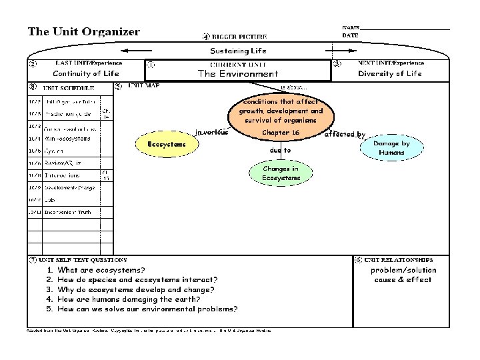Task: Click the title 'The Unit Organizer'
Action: pyautogui.click(x=83, y=31)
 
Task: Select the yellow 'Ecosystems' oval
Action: pyautogui.click(x=162, y=144)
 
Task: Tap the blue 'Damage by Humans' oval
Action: pyautogui.click(x=391, y=148)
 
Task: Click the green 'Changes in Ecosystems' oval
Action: pyautogui.click(x=280, y=173)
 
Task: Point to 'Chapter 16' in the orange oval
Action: pyautogui.click(x=281, y=133)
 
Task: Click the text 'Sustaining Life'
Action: pyautogui.click(x=238, y=51)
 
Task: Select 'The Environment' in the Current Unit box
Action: pyautogui.click(x=238, y=74)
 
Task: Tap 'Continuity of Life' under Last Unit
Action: pyautogui.click(x=86, y=74)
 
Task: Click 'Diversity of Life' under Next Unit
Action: pyautogui.click(x=390, y=74)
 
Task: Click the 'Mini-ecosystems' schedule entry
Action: pyautogui.click(x=67, y=139)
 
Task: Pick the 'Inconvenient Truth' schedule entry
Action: pyautogui.click(x=68, y=212)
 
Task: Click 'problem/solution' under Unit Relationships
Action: pyautogui.click(x=403, y=270)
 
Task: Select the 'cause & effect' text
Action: pyautogui.click(x=403, y=280)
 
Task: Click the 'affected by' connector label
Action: pyautogui.click(x=345, y=135)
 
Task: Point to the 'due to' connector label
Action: pyautogui.click(x=280, y=151)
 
